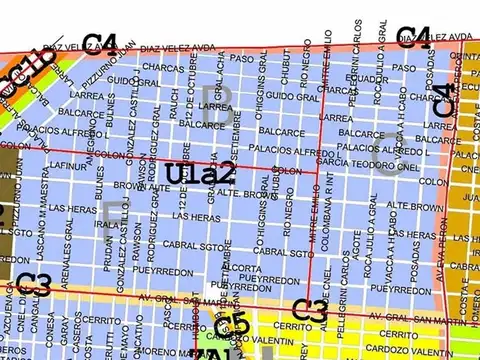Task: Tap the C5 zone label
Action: (231, 322)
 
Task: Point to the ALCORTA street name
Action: (242, 268)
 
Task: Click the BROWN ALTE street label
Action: (133, 186)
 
